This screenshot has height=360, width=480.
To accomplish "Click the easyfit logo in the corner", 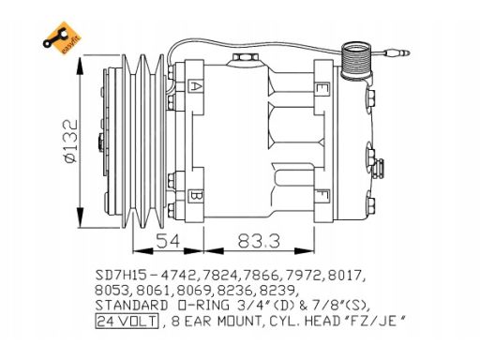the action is tap(62, 38).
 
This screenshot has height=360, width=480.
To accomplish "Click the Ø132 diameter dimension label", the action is tap(70, 141).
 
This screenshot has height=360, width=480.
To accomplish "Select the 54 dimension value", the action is tap(168, 241).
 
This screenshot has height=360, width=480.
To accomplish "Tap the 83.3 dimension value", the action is tap(259, 241).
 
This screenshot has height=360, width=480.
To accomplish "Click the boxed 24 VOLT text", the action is tap(127, 321).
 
